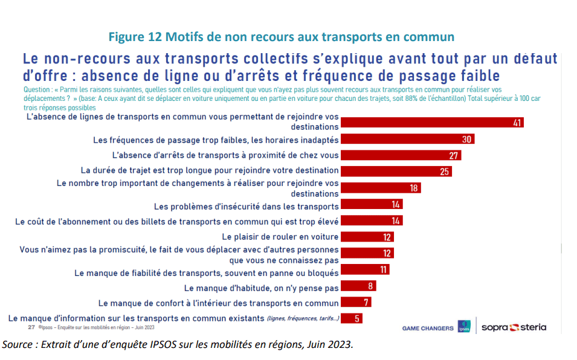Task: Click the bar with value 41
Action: (x=431, y=123)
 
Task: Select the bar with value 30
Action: (x=407, y=140)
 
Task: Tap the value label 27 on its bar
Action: (x=454, y=155)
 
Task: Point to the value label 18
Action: (x=414, y=188)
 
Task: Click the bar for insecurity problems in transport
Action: (x=372, y=205)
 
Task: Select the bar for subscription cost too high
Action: (x=372, y=221)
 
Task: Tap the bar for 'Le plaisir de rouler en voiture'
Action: (x=367, y=237)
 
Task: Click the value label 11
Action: (x=382, y=269)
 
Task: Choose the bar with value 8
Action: (x=358, y=286)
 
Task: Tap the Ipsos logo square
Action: (x=465, y=327)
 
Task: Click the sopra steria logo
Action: (x=514, y=327)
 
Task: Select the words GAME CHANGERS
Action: (x=428, y=329)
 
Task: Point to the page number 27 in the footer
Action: (x=31, y=327)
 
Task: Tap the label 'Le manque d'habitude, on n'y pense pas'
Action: (x=261, y=288)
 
